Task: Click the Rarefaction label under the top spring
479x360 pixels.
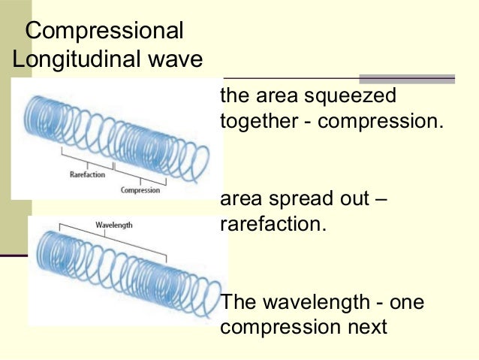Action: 86,174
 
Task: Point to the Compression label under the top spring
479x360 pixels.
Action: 140,190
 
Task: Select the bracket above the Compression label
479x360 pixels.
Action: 140,177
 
